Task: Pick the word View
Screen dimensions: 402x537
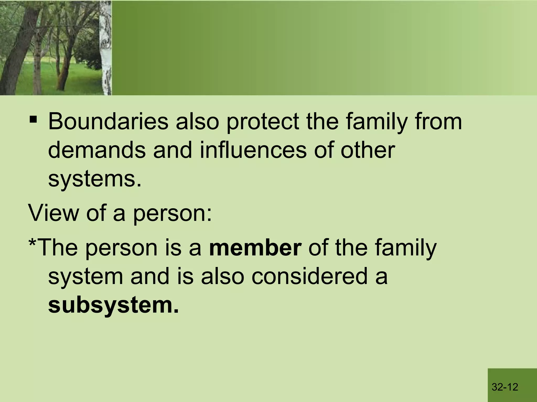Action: pyautogui.click(x=54, y=213)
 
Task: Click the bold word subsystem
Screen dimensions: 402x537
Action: pyautogui.click(x=113, y=306)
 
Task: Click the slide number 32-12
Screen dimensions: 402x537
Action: pyautogui.click(x=505, y=387)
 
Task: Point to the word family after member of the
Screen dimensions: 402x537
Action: pyautogui.click(x=405, y=248)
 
